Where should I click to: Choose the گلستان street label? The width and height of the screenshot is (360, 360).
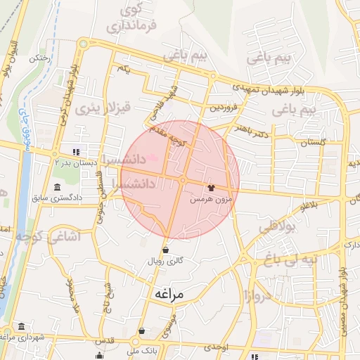pyautogui.click(x=314, y=143)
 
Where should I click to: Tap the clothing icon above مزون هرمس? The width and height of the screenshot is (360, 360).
pyautogui.click(x=210, y=188)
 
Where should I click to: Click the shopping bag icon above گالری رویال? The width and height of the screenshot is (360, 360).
pyautogui.click(x=165, y=250)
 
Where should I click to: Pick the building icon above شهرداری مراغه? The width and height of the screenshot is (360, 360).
pyautogui.click(x=22, y=327)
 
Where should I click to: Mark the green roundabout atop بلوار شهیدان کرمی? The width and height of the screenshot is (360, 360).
pyautogui.click(x=83, y=44)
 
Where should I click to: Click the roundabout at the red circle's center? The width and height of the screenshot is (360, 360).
pyautogui.click(x=181, y=181)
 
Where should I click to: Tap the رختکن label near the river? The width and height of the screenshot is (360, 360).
pyautogui.click(x=39, y=59)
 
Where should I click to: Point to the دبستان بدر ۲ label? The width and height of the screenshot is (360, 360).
pyautogui.click(x=55, y=161)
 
